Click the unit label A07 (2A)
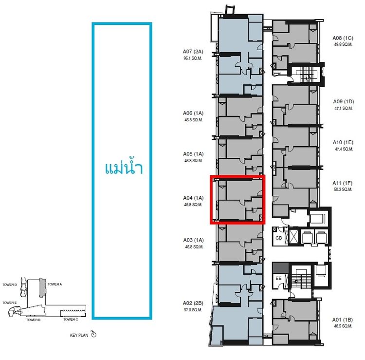(193, 52)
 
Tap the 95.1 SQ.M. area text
(193, 58)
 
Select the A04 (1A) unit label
(193, 198)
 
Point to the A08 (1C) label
(343, 38)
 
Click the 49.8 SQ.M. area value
(343, 44)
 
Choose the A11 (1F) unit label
(343, 183)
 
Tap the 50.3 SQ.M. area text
(343, 189)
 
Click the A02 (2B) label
(193, 303)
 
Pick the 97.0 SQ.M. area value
(193, 310)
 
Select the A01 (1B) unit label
(343, 320)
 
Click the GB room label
(279, 238)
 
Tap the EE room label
(279, 278)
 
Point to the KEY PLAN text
(79, 335)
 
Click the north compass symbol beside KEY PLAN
(93, 334)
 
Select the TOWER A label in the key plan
(55, 284)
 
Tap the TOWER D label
(10, 285)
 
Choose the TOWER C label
(71, 320)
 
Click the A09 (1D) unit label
(344, 102)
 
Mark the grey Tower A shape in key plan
(42, 288)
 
